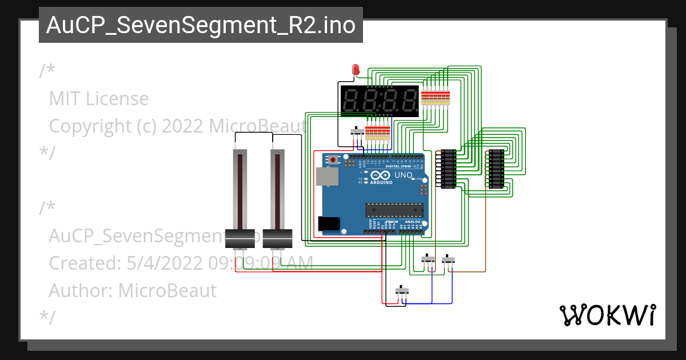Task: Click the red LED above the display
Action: click(355, 70)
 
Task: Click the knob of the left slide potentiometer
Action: click(240, 238)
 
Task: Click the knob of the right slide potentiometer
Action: click(278, 238)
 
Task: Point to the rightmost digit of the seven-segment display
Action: click(408, 102)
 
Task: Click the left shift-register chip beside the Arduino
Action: click(449, 168)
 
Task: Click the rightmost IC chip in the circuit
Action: click(496, 168)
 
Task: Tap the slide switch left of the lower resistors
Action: click(357, 132)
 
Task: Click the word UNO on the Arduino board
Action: click(404, 175)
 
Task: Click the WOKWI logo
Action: click(607, 315)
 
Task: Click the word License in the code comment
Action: click(117, 99)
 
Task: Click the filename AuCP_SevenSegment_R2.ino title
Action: click(201, 25)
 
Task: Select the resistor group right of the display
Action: click(436, 98)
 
